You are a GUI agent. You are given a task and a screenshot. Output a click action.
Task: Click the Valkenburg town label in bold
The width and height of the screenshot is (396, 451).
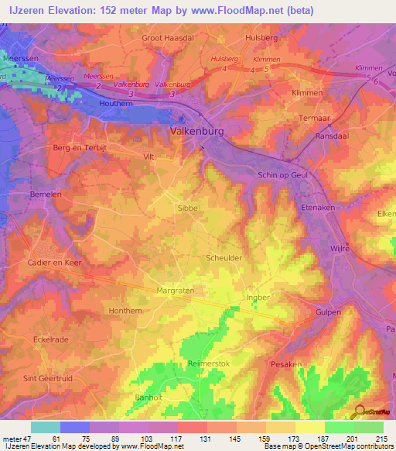click(x=196, y=132)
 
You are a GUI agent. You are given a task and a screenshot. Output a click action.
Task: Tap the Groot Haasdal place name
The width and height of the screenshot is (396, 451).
click(x=166, y=36)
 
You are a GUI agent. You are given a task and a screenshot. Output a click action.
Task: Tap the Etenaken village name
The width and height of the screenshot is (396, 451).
click(x=315, y=208)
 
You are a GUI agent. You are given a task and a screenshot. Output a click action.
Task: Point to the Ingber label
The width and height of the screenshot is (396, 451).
click(x=258, y=296)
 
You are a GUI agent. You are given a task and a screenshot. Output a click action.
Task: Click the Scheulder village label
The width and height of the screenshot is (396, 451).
click(x=224, y=258)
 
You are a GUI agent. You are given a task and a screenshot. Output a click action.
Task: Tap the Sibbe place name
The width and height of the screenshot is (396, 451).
click(x=189, y=208)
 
